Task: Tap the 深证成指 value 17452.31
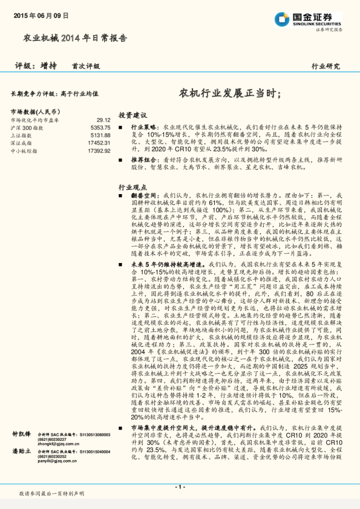point(99,143)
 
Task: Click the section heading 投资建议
point(133,115)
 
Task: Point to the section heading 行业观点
point(133,188)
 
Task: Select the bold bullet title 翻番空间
point(144,196)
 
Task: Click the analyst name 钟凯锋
point(21,451)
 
